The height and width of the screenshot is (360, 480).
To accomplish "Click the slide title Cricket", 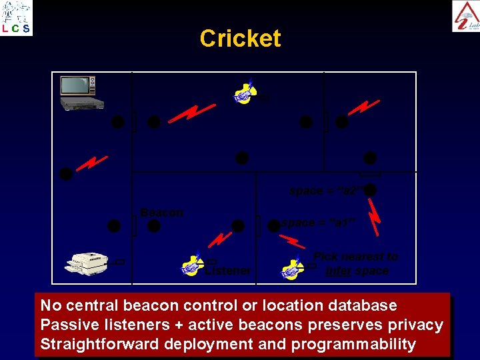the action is [x=240, y=39].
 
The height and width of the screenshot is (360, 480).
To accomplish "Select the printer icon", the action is [x=88, y=262].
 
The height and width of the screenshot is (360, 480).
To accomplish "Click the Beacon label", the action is [x=161, y=213].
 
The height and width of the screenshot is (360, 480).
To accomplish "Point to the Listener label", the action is [x=228, y=271].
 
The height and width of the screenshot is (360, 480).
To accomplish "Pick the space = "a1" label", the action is [x=316, y=223].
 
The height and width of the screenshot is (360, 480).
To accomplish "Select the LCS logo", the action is [x=16, y=17].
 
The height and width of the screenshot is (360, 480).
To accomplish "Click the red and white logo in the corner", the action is [x=465, y=16].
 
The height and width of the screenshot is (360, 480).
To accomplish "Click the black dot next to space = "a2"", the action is [x=371, y=191].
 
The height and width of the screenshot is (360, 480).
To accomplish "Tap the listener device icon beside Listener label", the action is [x=193, y=263].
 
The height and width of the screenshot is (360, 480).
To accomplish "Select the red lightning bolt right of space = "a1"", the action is [x=375, y=217].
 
